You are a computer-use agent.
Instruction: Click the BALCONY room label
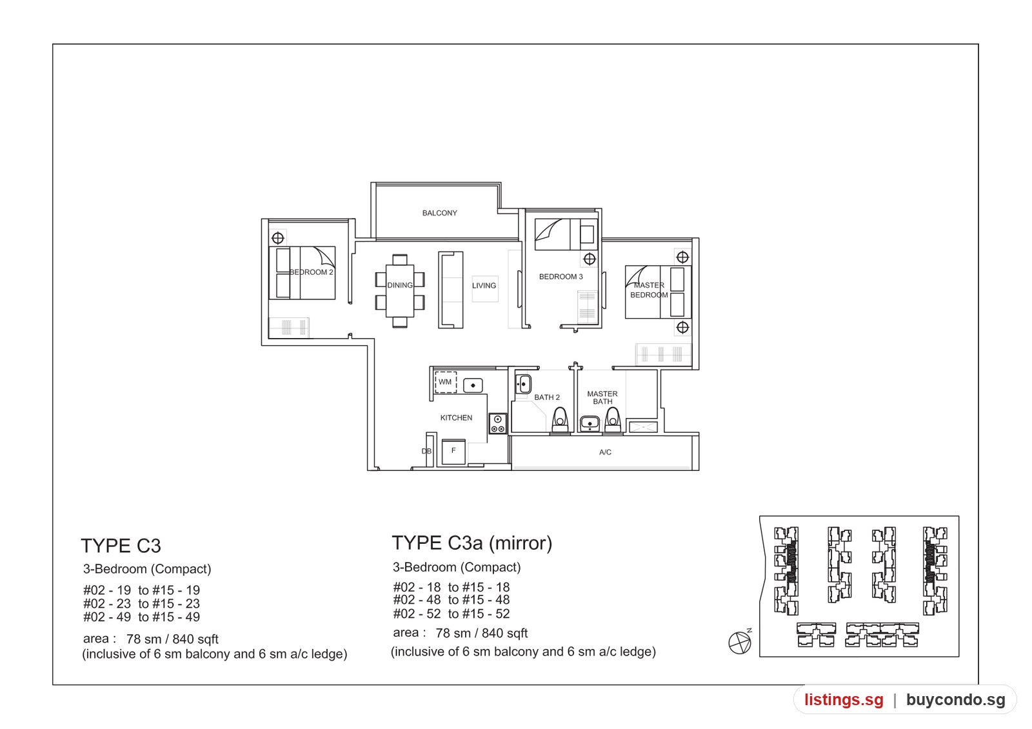[439, 213]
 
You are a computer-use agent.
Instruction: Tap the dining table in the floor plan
[399, 290]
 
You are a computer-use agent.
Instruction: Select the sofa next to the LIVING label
[450, 290]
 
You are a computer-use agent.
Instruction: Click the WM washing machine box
[446, 382]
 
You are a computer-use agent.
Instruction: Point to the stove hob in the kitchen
[497, 423]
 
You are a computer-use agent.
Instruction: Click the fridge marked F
[453, 452]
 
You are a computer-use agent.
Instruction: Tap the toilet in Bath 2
[560, 420]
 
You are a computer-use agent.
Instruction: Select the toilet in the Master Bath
[612, 420]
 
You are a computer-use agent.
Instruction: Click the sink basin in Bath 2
[523, 384]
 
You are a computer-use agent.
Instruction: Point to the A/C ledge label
[605, 452]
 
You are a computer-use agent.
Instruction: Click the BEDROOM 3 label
[561, 277]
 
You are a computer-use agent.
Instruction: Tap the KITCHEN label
[456, 417]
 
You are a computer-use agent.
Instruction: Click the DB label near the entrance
[426, 451]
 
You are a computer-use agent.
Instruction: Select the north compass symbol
[740, 641]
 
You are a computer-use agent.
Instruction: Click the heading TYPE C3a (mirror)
[471, 543]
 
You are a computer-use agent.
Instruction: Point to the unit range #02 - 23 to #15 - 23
[141, 603]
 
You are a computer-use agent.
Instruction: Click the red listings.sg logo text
[844, 699]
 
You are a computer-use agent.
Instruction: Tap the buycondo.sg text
[955, 699]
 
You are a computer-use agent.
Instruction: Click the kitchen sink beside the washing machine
[473, 385]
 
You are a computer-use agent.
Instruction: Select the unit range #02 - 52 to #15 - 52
[451, 614]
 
